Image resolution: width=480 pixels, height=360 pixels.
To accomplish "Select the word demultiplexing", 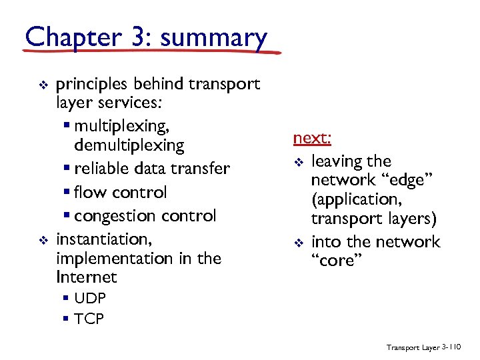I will [129, 145].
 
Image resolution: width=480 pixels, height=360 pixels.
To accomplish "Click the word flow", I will [90, 193].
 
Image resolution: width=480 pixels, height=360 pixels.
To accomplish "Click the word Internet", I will [87, 277].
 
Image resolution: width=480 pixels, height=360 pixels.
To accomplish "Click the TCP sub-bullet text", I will [89, 319].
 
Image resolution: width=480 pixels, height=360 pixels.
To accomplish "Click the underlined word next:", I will [312, 138].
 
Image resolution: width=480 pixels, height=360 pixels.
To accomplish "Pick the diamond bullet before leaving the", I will [299, 162].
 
